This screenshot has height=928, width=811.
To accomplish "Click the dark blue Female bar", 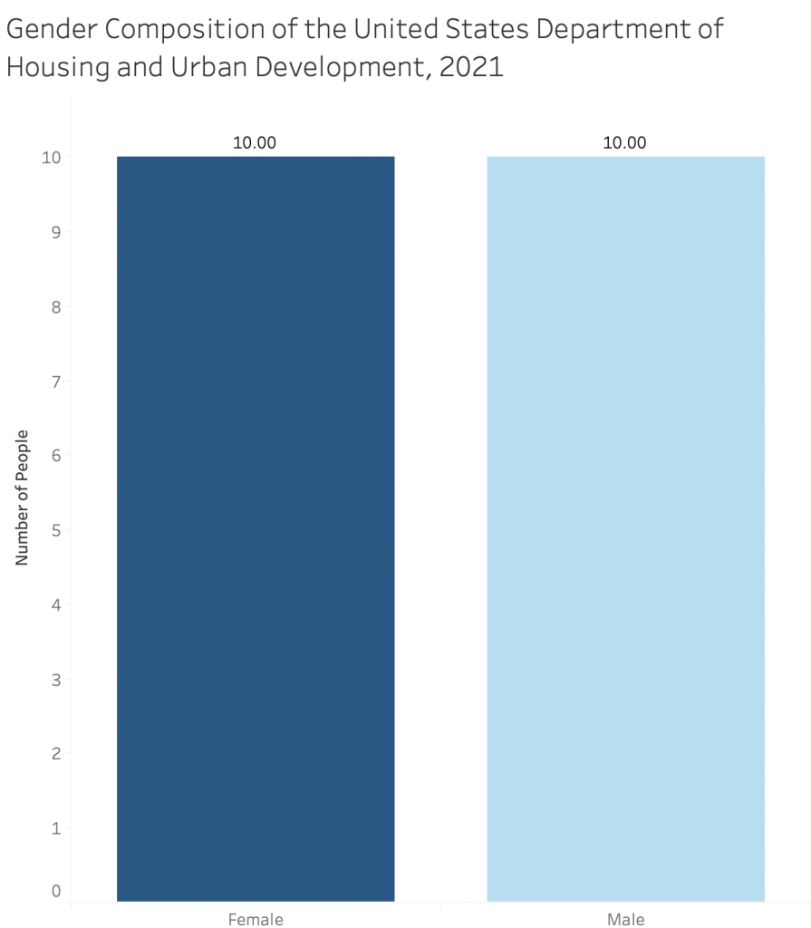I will click(x=256, y=529).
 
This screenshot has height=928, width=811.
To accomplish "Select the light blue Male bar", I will click(x=625, y=529).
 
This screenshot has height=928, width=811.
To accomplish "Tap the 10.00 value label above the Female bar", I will click(x=255, y=142).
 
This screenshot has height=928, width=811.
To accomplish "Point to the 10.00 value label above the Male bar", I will click(x=625, y=142).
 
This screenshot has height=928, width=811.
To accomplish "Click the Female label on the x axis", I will click(x=256, y=920).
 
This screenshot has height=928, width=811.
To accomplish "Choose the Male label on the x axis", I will click(x=625, y=920).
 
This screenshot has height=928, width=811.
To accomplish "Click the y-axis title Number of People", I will click(x=23, y=498).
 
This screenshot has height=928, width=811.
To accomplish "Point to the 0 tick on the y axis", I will click(x=56, y=891).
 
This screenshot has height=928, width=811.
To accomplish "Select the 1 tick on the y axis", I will click(x=56, y=827).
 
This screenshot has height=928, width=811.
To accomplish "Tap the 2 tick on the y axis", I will click(x=56, y=753).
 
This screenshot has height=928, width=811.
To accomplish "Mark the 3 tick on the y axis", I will click(x=56, y=679).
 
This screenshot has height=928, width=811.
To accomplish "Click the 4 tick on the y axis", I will click(x=56, y=604).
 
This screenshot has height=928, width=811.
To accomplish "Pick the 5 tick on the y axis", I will click(x=56, y=529).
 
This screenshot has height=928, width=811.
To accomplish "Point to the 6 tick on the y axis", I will click(x=56, y=455).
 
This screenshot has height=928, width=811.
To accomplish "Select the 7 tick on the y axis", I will click(x=56, y=381).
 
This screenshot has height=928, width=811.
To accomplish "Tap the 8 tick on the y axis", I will click(x=56, y=306).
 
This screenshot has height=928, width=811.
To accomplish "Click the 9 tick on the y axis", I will click(x=56, y=232).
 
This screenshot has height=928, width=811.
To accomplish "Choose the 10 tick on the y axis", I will click(x=52, y=158).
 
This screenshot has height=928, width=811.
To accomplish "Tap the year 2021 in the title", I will click(x=471, y=68).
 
